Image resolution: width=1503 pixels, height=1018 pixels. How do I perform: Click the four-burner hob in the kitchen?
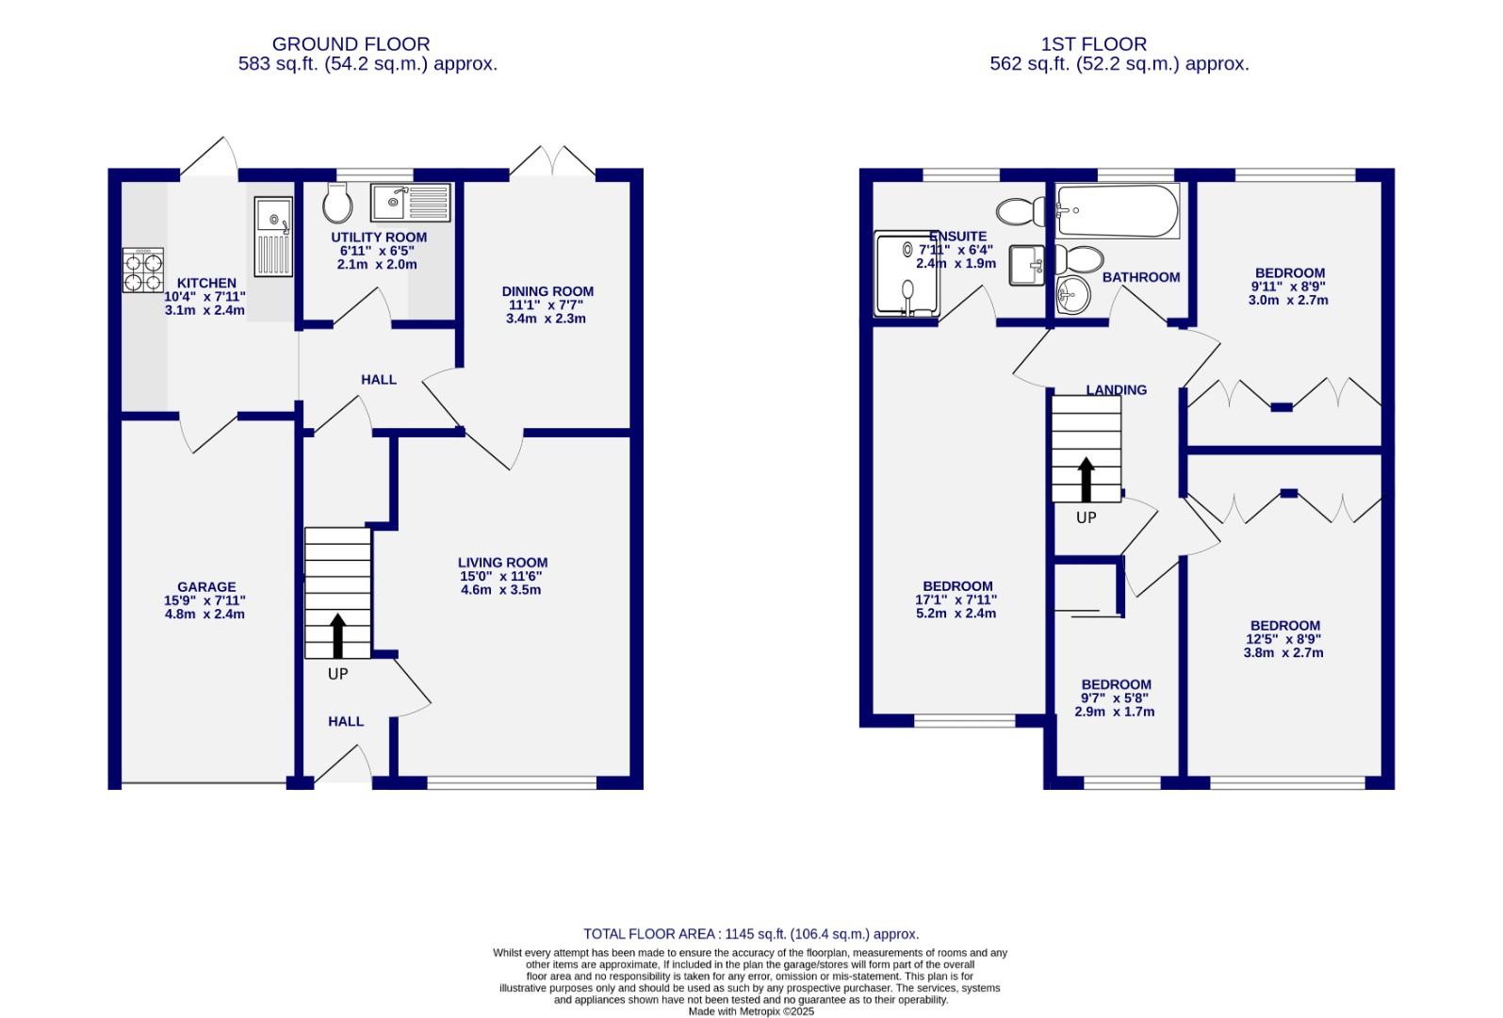[x=143, y=271]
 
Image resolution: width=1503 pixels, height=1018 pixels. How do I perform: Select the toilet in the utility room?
[x=336, y=201]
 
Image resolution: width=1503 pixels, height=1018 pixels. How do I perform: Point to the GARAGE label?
[x=206, y=587]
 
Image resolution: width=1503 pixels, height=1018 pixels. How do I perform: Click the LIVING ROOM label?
[x=502, y=563]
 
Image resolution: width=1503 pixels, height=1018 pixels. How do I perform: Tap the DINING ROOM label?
[x=547, y=292]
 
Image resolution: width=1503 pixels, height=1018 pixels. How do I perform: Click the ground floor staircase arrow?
[x=337, y=635]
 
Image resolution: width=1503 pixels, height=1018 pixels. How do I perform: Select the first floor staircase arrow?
[x=1086, y=479]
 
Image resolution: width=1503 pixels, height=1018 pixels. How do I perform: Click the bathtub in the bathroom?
[x=1118, y=211]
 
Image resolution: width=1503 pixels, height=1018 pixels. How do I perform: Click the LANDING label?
[x=1116, y=390]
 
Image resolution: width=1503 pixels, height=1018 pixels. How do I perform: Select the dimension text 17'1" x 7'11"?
[x=956, y=599]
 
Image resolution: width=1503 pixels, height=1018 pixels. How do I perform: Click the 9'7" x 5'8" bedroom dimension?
[x=1116, y=698]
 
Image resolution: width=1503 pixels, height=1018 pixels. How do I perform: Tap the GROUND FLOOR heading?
[x=351, y=44]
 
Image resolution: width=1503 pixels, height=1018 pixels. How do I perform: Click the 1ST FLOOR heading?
[x=1093, y=44]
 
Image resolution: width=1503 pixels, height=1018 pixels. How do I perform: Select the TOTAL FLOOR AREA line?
[x=750, y=934]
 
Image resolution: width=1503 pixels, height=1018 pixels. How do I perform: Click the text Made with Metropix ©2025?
[x=750, y=1011]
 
